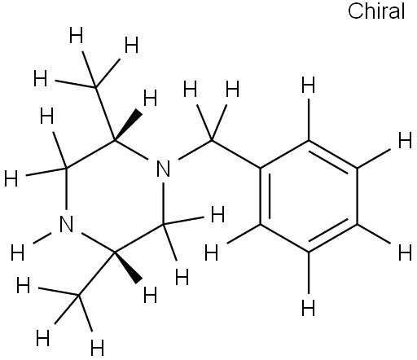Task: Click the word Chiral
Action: click(376, 11)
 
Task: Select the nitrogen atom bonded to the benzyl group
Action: click(164, 169)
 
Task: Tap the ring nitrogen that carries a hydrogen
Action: click(66, 224)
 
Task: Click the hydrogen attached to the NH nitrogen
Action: click(18, 252)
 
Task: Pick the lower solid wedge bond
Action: click(128, 268)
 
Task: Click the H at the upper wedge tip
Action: click(150, 98)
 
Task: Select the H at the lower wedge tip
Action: click(150, 295)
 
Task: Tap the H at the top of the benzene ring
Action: click(309, 85)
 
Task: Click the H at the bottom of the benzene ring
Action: click(309, 308)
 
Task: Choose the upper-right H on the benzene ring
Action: click(405, 140)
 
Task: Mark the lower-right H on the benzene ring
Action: click(405, 252)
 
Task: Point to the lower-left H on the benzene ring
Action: click(211, 252)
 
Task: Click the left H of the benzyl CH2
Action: click(190, 89)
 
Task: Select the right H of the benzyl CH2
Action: click(233, 89)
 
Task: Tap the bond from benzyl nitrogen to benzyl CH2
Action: click(195, 150)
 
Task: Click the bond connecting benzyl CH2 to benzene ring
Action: click(236, 154)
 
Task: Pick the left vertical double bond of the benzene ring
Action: click(265, 196)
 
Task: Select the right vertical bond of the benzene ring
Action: click(357, 196)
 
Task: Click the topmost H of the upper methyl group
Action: click(76, 35)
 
